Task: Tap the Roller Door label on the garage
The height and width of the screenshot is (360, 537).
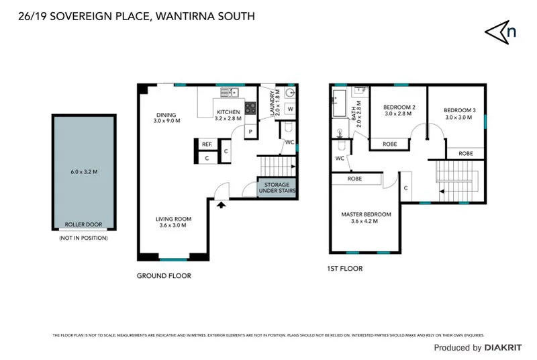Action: pos(83,224)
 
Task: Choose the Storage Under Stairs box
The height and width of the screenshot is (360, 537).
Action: pos(277,188)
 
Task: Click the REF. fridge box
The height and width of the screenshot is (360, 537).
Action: pos(207,144)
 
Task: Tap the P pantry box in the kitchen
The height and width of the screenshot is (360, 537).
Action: pos(250,132)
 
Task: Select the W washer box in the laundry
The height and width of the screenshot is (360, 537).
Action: pos(291,109)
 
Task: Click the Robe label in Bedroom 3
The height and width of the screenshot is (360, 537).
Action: pos(465,154)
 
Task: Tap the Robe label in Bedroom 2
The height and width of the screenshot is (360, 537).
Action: pos(389,144)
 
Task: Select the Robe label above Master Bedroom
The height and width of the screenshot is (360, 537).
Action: pos(355,179)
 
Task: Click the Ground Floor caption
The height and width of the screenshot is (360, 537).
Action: pos(164,276)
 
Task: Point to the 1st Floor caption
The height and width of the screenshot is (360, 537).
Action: pos(345,269)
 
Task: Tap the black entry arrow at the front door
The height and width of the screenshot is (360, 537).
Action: pos(220,204)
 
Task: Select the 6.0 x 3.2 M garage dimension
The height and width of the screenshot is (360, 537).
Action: pos(84,172)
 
